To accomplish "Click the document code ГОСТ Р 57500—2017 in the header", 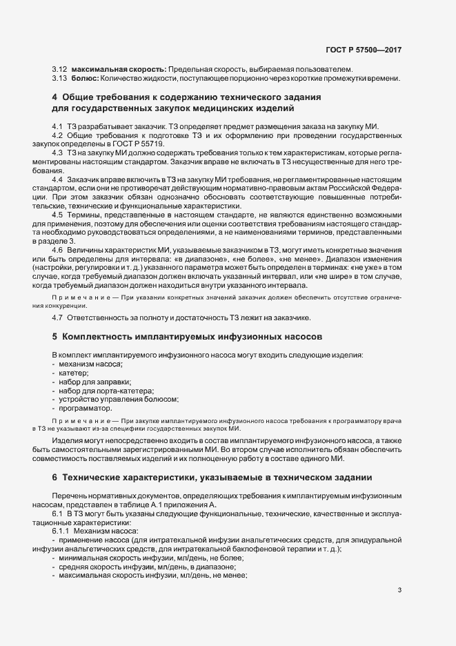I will point(363,50).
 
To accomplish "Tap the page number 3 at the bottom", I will point(400,589).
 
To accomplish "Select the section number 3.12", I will point(59,70).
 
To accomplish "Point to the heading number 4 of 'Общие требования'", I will point(54,98).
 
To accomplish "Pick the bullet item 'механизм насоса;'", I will point(91,363).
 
